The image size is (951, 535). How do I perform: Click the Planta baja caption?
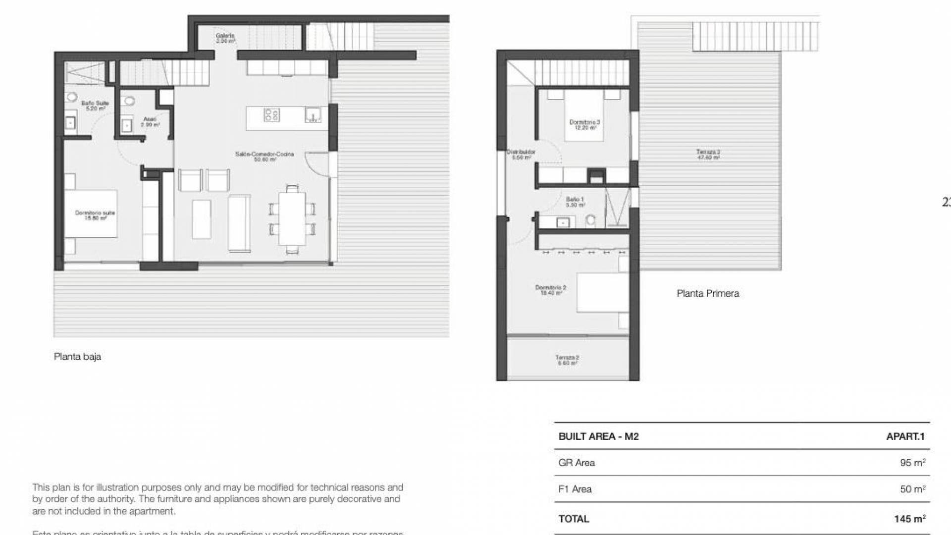click(77, 357)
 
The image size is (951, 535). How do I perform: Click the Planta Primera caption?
click(707, 293)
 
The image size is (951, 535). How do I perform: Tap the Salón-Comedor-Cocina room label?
click(264, 157)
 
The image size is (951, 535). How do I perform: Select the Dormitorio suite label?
click(95, 215)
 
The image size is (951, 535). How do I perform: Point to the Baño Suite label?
click(95, 106)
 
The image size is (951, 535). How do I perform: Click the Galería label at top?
click(225, 38)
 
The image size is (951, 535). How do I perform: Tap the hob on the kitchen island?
click(271, 115)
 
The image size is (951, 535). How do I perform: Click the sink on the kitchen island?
click(313, 115)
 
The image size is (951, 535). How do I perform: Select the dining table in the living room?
click(292, 218)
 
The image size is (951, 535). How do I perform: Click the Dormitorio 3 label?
click(584, 124)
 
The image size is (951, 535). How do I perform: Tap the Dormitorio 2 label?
click(550, 290)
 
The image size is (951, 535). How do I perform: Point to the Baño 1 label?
click(575, 202)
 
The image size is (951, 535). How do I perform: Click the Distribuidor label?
click(521, 155)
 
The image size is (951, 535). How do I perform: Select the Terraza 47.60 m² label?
click(708, 155)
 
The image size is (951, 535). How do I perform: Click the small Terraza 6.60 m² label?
click(567, 360)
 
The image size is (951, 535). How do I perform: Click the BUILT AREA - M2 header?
click(598, 436)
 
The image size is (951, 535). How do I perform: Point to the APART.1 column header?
click(905, 436)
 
